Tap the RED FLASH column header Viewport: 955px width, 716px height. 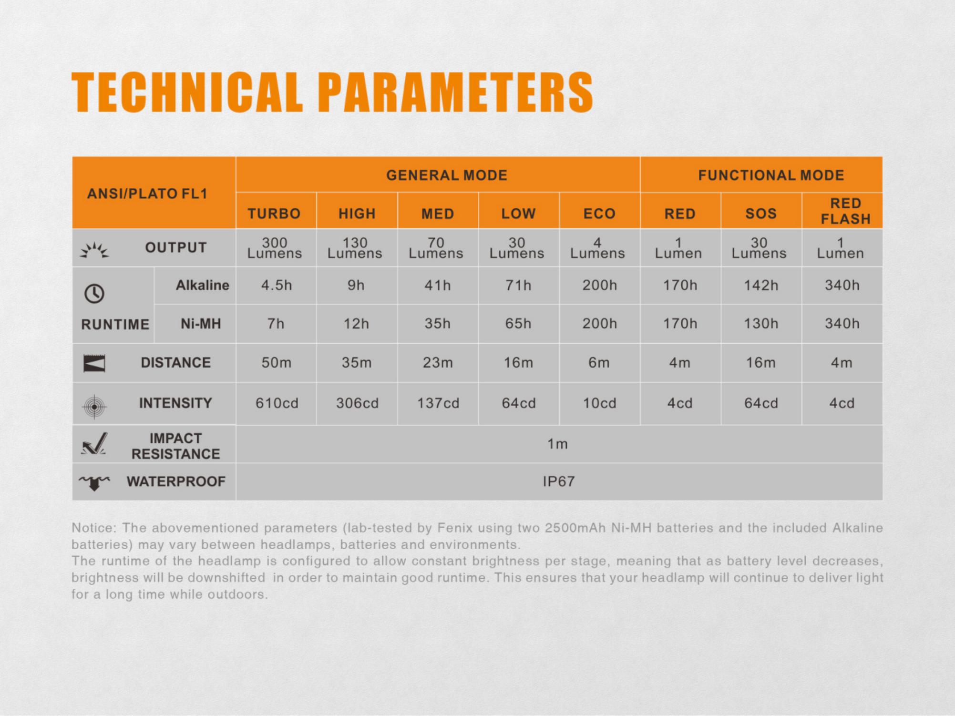click(x=845, y=211)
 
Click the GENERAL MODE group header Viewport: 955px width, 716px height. click(x=446, y=175)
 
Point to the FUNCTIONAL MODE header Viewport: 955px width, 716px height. click(x=771, y=175)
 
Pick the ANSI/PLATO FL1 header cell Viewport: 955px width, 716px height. click(x=147, y=194)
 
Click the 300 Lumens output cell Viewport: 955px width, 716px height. click(x=275, y=248)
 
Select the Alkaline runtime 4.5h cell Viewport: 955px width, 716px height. click(x=277, y=285)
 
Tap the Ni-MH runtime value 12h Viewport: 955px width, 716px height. click(x=356, y=324)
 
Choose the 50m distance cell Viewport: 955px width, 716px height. click(x=277, y=363)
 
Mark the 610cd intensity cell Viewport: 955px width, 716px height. click(x=277, y=403)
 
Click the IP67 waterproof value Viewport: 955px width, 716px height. click(x=558, y=481)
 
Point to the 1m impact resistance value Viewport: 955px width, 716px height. click(x=557, y=444)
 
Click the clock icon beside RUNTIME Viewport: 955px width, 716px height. click(x=94, y=293)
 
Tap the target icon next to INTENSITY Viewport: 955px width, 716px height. click(x=94, y=407)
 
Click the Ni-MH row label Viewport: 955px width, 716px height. click(x=201, y=324)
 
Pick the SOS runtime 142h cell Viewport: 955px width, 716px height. click(x=761, y=285)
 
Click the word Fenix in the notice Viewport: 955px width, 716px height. click(x=451, y=528)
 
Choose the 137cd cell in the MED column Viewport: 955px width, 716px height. click(x=438, y=403)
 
